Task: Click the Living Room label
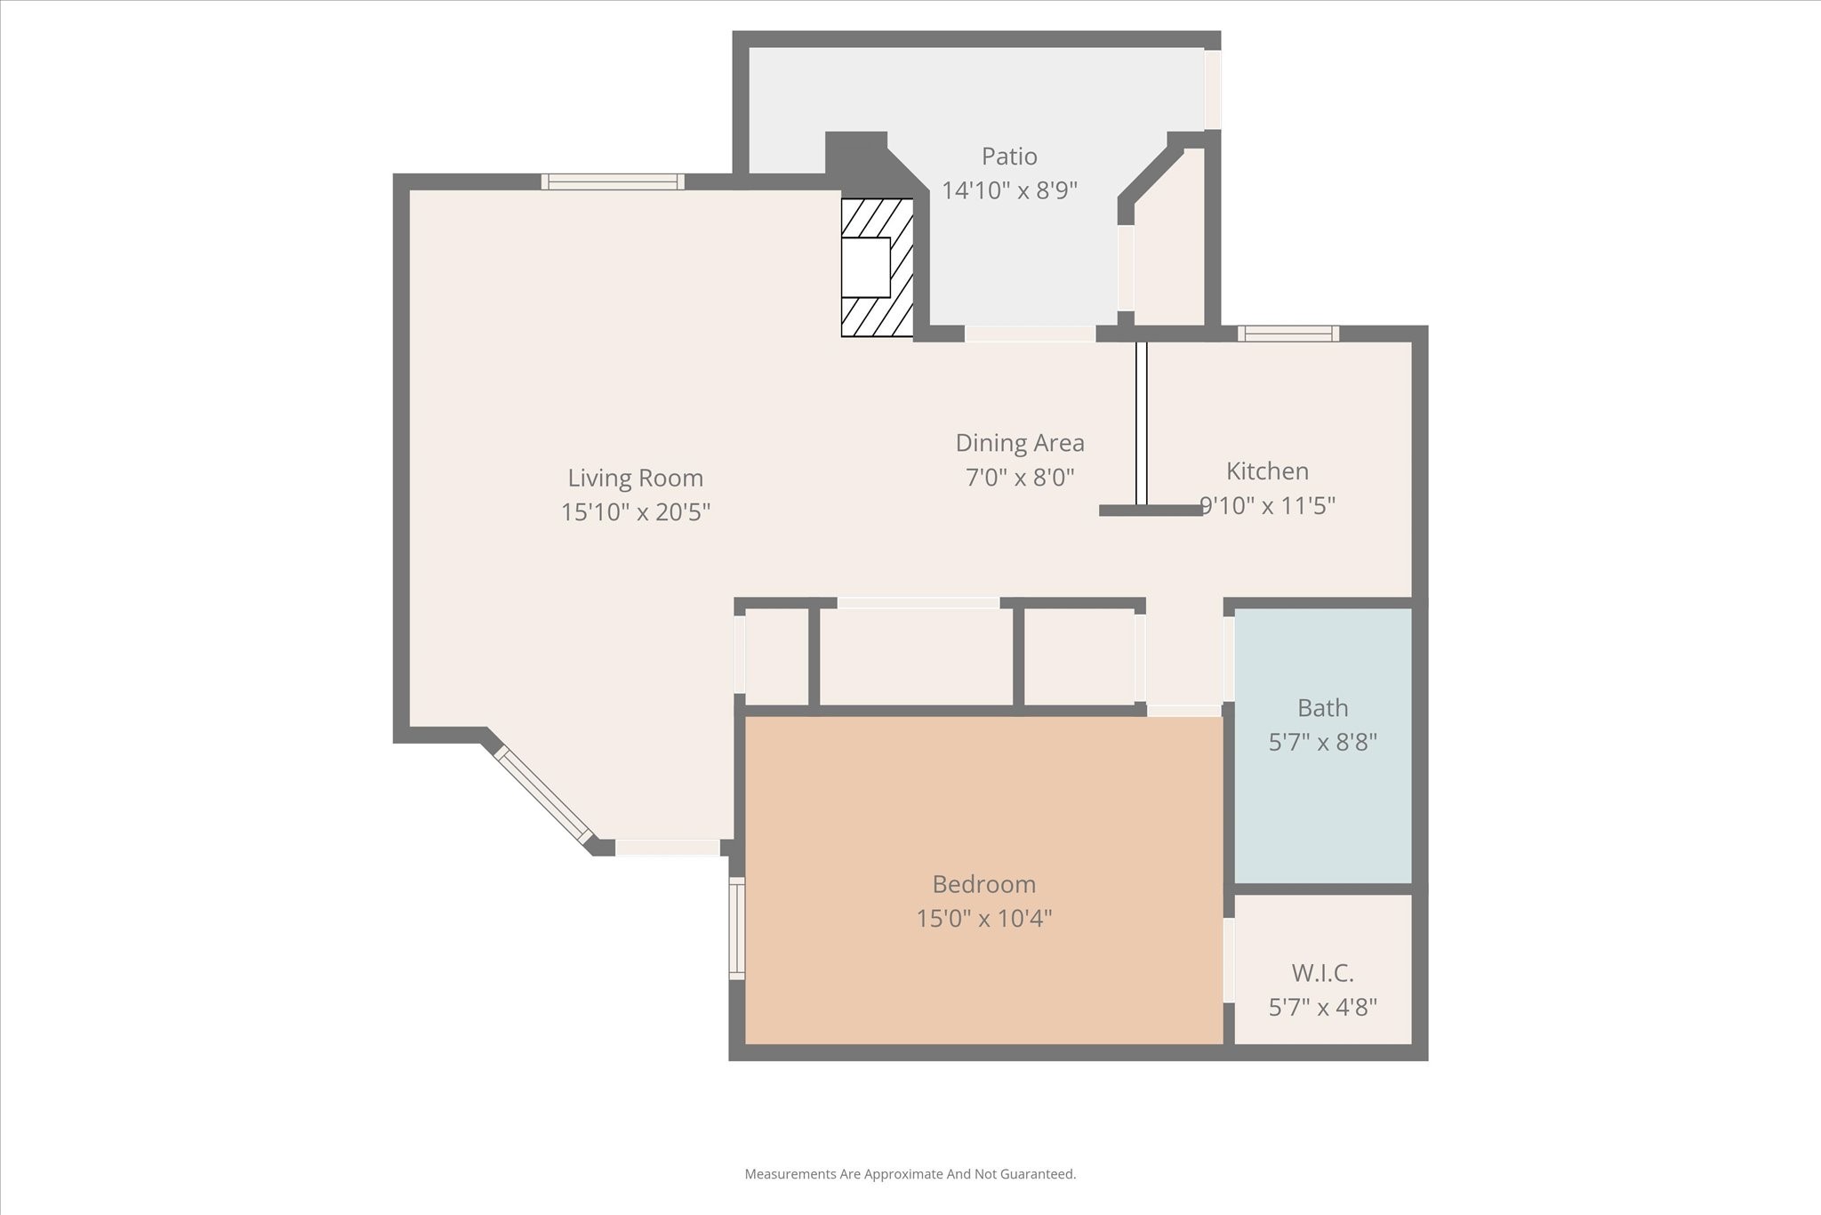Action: [x=635, y=479]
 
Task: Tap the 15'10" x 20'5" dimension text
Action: [x=635, y=512]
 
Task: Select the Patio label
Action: [x=1009, y=157]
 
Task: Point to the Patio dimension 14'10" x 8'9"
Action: [x=1009, y=190]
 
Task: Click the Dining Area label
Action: [x=1020, y=443]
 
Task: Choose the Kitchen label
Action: [x=1267, y=471]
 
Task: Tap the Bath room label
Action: [x=1322, y=708]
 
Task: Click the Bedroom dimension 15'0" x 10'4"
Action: [x=983, y=918]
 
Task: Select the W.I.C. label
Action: [x=1322, y=973]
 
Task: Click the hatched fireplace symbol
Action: [x=878, y=267]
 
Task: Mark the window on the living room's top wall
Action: [x=613, y=181]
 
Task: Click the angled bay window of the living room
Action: [x=543, y=794]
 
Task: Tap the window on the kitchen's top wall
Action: [x=1288, y=334]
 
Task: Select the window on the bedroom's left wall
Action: [x=736, y=929]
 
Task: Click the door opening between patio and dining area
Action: [x=1030, y=334]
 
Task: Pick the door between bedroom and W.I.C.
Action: [x=1229, y=961]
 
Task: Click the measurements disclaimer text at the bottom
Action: [x=910, y=1174]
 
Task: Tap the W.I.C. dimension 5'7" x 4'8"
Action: [x=1322, y=1008]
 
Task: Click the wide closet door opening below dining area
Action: [x=918, y=603]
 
